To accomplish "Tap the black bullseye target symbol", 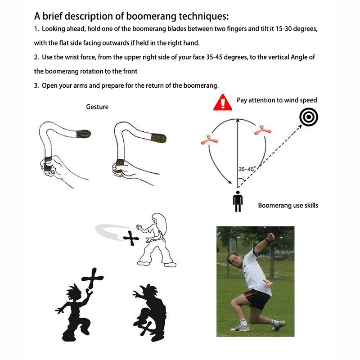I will coord(309,118).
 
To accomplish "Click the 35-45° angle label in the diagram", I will coord(247,169).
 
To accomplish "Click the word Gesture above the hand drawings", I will coord(97,107).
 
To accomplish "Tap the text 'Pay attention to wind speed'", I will coord(277,100).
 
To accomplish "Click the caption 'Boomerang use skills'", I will coord(288,205).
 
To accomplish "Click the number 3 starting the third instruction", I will coord(36,85).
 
